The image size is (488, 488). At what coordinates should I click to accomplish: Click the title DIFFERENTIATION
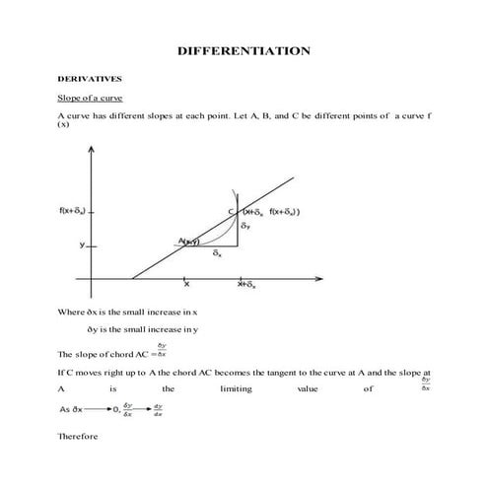(x=244, y=50)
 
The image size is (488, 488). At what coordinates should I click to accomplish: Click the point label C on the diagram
(x=232, y=212)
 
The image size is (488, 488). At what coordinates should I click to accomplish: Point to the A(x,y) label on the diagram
(x=189, y=241)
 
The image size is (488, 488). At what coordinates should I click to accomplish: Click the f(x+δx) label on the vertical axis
(x=72, y=211)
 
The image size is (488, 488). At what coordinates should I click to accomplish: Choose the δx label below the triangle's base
(x=217, y=253)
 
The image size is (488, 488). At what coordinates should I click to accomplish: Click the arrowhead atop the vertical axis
(x=92, y=148)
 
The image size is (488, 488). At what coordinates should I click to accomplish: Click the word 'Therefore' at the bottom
(x=78, y=435)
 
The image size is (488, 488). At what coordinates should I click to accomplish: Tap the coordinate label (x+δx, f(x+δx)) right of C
(x=272, y=212)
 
